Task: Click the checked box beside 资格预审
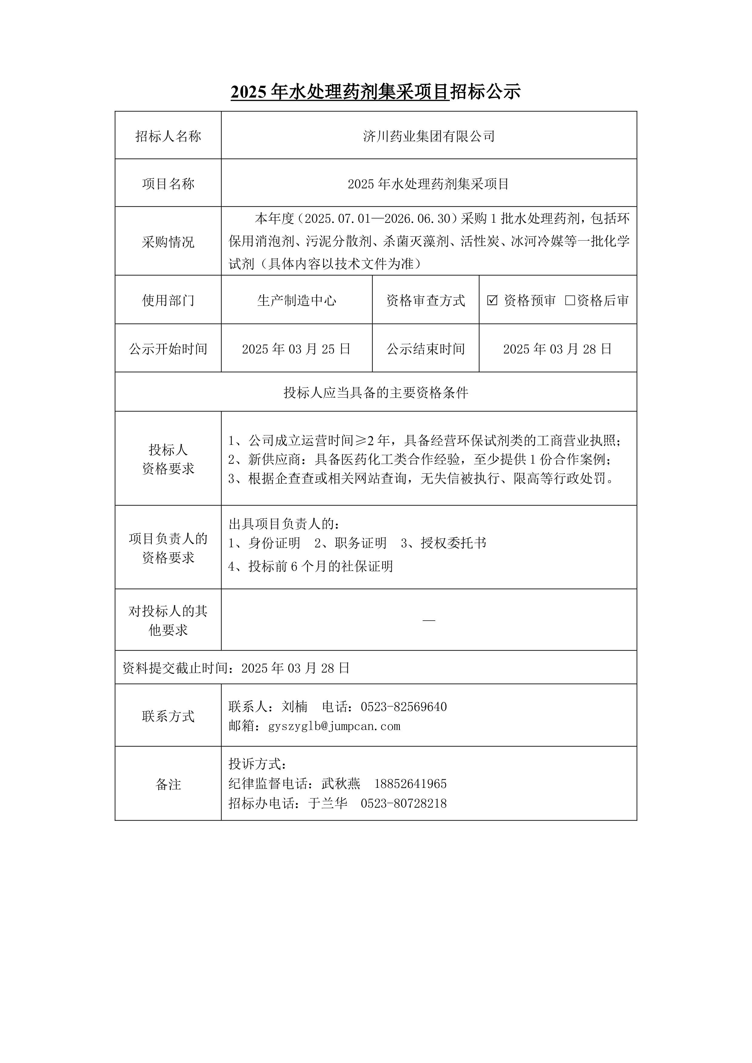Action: coord(492,301)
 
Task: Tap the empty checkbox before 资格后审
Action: coord(570,301)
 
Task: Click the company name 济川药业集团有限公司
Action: coord(429,136)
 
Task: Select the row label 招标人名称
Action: coord(168,136)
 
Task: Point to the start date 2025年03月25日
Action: coord(296,349)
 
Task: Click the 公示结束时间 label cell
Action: coord(426,349)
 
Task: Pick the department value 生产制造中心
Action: coord(296,301)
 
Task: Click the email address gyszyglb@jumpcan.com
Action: coord(334,726)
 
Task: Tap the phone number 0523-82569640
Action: coord(404,707)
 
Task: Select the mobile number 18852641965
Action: coord(410,784)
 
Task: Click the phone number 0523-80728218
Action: coord(404,803)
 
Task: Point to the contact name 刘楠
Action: coord(295,707)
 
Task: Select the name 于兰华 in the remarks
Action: coord(328,803)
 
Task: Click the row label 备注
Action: coord(168,784)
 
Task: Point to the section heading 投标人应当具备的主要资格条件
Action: coord(376,393)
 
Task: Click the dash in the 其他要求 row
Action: coord(429,620)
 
